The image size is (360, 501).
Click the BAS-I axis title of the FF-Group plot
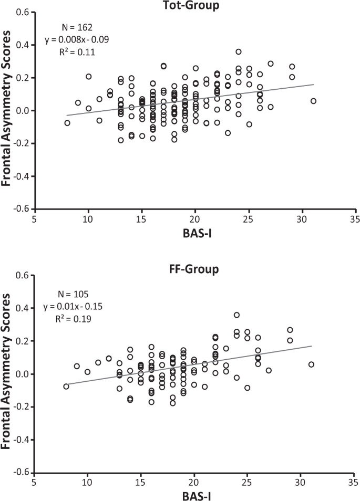pyautogui.click(x=194, y=495)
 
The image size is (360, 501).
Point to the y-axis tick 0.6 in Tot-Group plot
pyautogui.click(x=21, y=13)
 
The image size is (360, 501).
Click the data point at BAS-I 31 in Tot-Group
pyautogui.click(x=313, y=101)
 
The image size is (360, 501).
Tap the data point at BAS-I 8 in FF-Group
pyautogui.click(x=67, y=387)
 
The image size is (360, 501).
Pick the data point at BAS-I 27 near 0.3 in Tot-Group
pyautogui.click(x=271, y=64)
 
